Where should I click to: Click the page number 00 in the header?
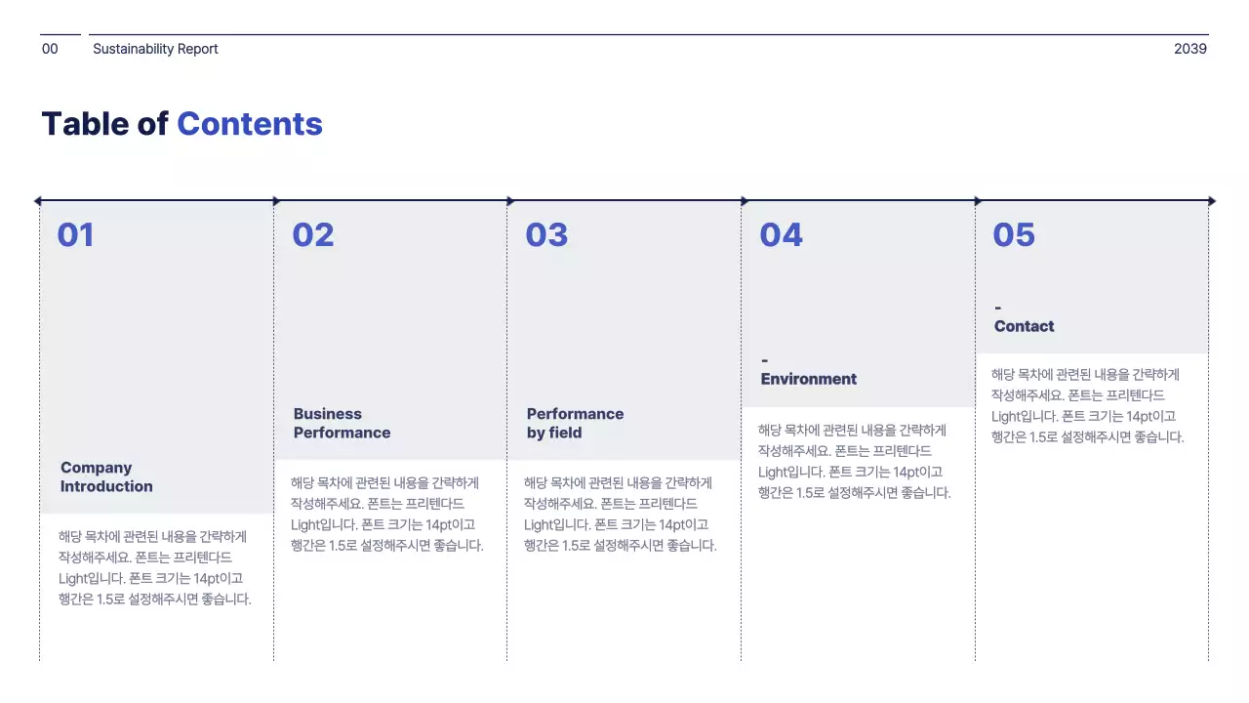coord(50,49)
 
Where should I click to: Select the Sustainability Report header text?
coord(155,49)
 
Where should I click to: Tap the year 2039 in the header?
coord(1189,49)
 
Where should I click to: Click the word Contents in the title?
coord(249,124)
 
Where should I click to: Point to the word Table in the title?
coord(85,124)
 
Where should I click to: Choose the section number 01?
coord(75,235)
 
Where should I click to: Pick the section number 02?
coord(312,235)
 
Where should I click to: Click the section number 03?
coord(546,235)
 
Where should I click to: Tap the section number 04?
coord(781,235)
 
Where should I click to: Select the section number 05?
coord(1014,235)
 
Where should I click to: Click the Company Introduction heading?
coord(106,477)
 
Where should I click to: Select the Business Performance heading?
coord(342,424)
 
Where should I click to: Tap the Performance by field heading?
coord(575,424)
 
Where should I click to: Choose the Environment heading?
coord(808,379)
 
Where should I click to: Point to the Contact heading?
coord(1024,326)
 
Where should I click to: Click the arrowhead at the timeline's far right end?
coord(1212,201)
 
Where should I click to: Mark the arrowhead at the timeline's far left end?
coord(37,201)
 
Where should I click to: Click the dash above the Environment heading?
coord(764,361)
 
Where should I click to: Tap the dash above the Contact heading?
coord(997,309)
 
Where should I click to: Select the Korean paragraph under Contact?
coord(1087,405)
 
